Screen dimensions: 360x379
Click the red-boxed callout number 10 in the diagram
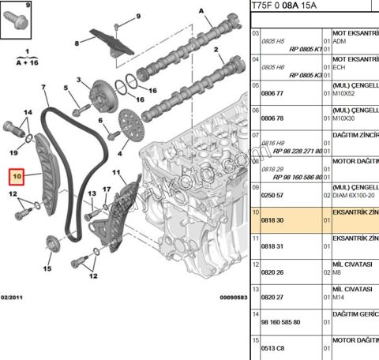pos(14,176)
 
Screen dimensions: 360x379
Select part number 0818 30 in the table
pos(272,222)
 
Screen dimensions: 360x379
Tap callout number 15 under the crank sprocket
pos(47,269)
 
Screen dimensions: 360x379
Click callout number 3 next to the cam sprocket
pos(79,80)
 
